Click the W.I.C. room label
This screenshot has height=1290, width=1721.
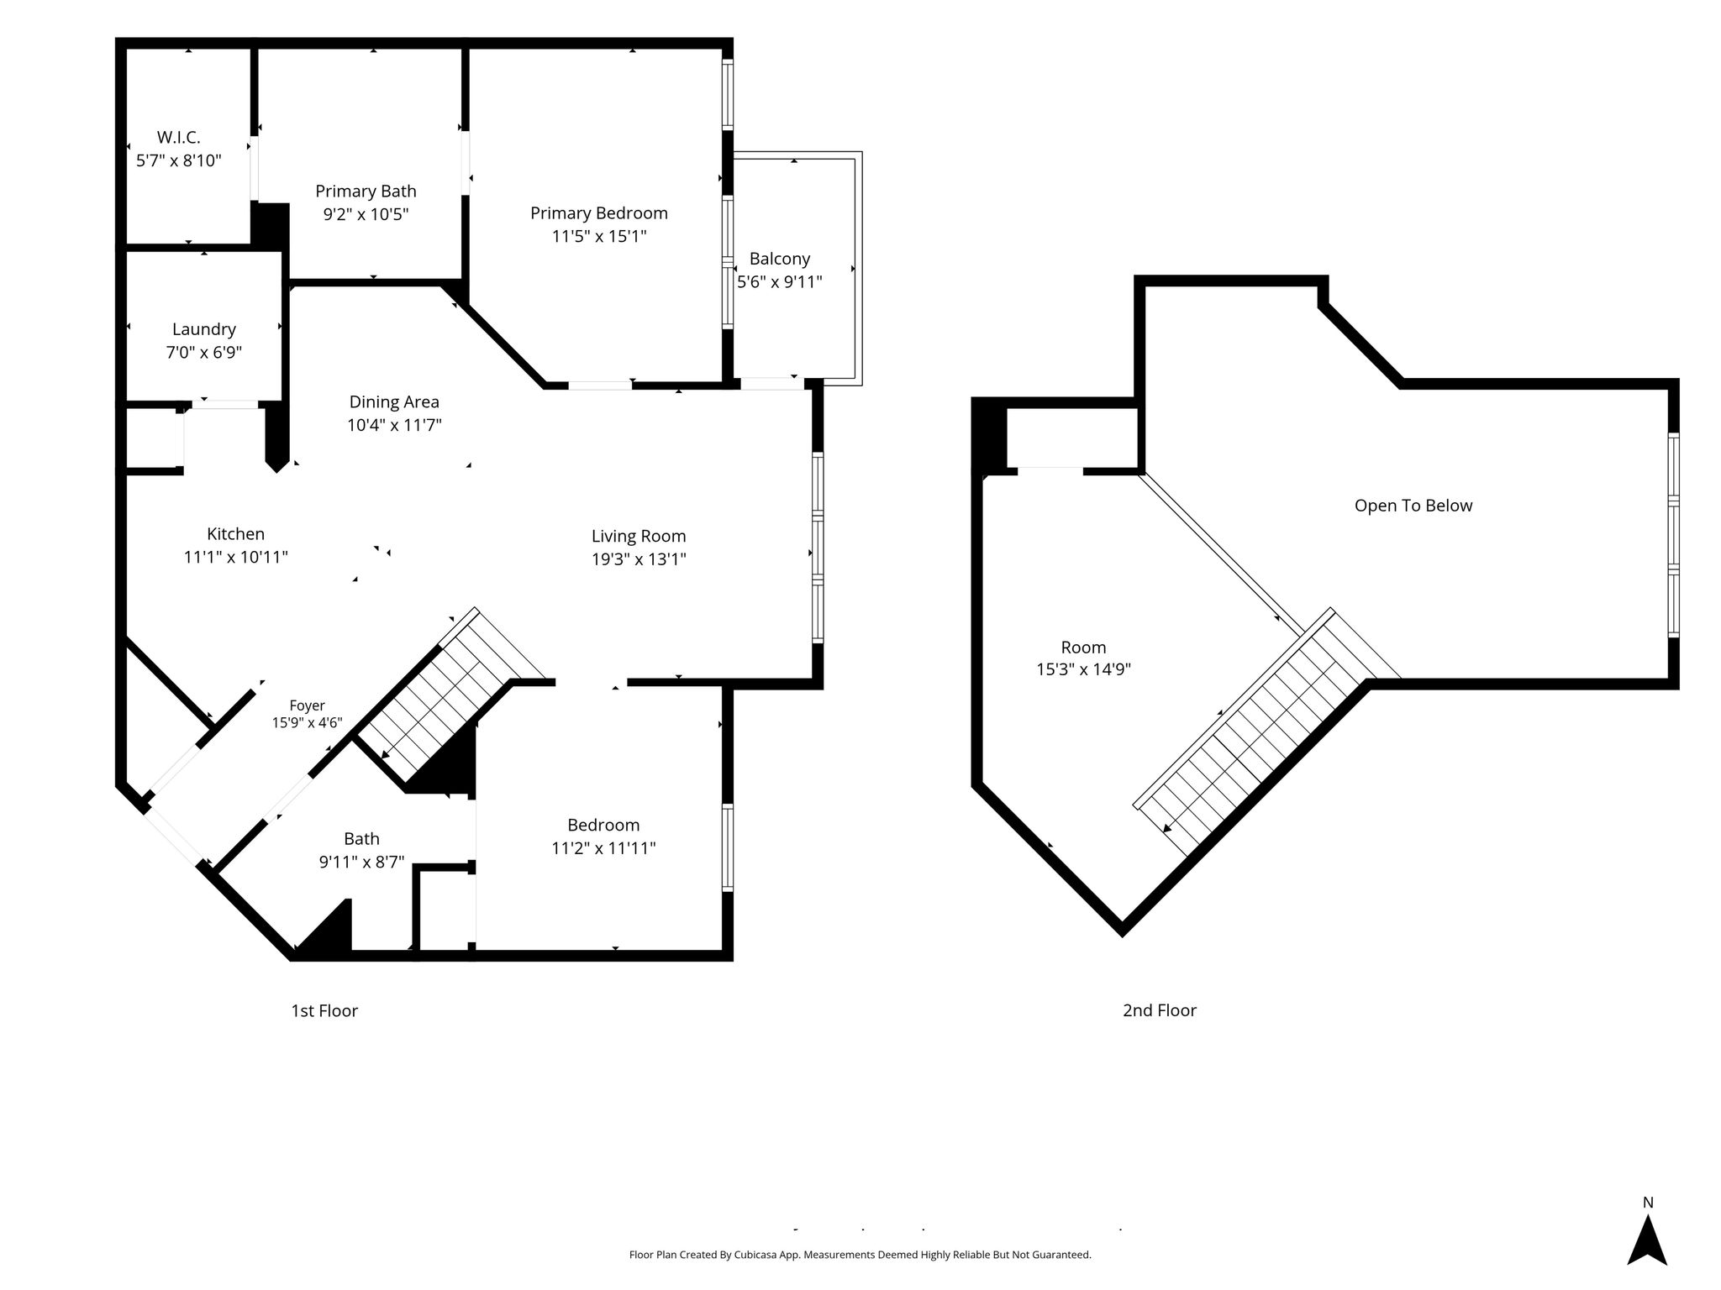pyautogui.click(x=178, y=137)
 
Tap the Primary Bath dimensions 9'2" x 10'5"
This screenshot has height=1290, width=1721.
pyautogui.click(x=366, y=214)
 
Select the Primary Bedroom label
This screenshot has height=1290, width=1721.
pyautogui.click(x=598, y=213)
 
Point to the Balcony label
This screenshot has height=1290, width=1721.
pyautogui.click(x=780, y=259)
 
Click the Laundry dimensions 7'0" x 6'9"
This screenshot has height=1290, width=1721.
pyautogui.click(x=203, y=352)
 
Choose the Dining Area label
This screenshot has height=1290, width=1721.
pyautogui.click(x=394, y=402)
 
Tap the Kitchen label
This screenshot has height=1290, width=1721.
pyautogui.click(x=235, y=534)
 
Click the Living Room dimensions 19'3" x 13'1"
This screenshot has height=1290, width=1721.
pyautogui.click(x=639, y=559)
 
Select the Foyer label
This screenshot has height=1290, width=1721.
pyautogui.click(x=307, y=706)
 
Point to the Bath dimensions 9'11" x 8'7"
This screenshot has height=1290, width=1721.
pyautogui.click(x=361, y=862)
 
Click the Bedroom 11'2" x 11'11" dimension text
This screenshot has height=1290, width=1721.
pyautogui.click(x=603, y=848)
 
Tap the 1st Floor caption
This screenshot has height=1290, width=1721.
pyautogui.click(x=324, y=1011)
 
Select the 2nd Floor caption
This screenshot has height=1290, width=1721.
pyautogui.click(x=1160, y=1011)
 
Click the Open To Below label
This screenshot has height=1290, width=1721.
pyautogui.click(x=1413, y=506)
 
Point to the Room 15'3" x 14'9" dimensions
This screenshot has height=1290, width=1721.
pyautogui.click(x=1083, y=670)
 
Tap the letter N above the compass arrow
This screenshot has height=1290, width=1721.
pyautogui.click(x=1648, y=1203)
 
